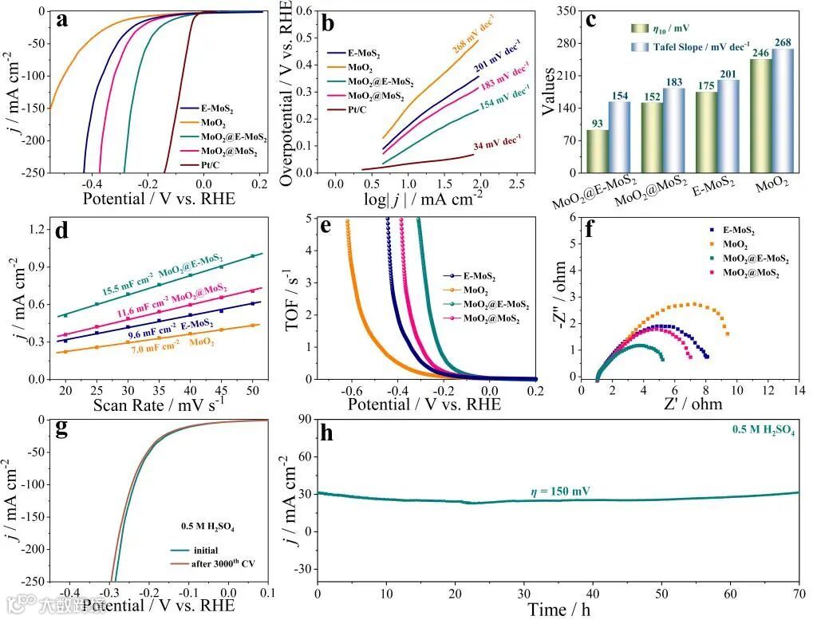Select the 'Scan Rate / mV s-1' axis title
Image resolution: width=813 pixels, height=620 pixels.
pos(158,405)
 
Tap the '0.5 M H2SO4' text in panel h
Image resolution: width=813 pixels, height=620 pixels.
pos(763,429)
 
